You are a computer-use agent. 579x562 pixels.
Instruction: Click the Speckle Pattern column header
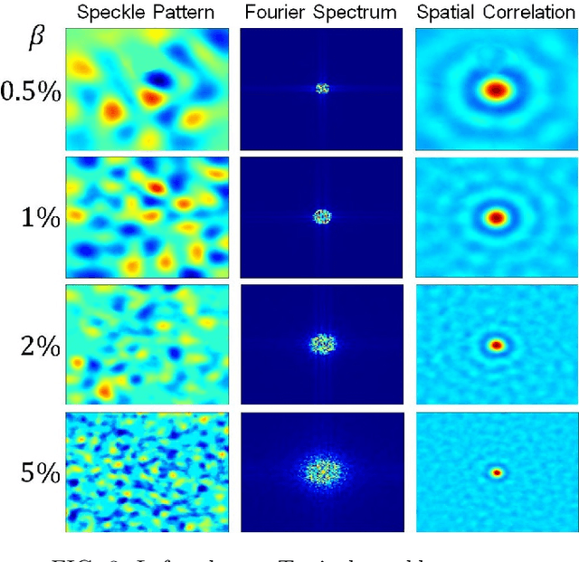[145, 13]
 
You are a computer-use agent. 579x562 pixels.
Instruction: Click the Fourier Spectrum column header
[321, 13]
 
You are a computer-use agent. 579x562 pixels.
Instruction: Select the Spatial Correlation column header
[496, 13]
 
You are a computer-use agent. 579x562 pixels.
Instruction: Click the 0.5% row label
[31, 91]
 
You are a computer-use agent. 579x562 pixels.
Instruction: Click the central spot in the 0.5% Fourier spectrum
[322, 89]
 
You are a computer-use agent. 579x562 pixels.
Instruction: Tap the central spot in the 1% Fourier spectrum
[322, 216]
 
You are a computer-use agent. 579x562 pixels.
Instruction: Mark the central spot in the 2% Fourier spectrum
[322, 344]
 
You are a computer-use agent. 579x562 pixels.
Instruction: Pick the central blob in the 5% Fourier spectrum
[321, 471]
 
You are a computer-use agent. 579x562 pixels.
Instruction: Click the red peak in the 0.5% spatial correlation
[495, 90]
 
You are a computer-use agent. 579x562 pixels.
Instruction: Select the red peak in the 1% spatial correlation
[496, 217]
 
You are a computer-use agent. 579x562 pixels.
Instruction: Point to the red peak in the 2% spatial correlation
[496, 344]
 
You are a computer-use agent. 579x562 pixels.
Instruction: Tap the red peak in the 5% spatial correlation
[496, 472]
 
